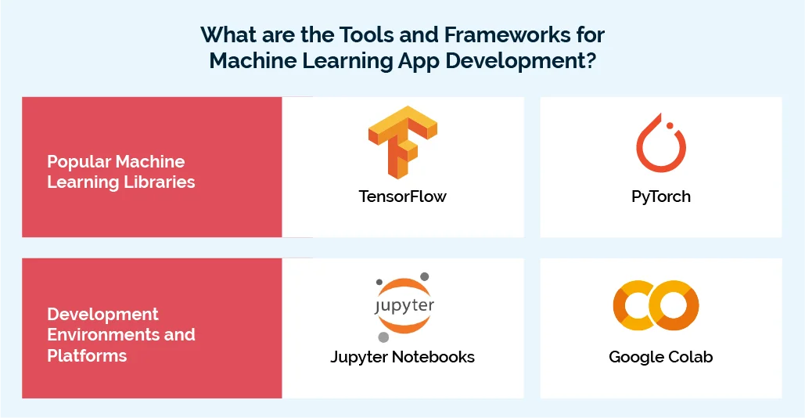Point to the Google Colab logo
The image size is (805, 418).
point(656,304)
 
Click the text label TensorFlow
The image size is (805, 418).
point(402,196)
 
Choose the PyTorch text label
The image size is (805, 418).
point(661,196)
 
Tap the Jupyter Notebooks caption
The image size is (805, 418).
point(402,357)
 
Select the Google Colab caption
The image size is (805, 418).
point(661,357)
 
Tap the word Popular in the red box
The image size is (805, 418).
point(78,162)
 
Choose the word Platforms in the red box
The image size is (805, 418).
point(87,355)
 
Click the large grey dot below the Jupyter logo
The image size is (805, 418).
point(383,337)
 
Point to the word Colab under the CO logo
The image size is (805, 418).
point(689,357)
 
